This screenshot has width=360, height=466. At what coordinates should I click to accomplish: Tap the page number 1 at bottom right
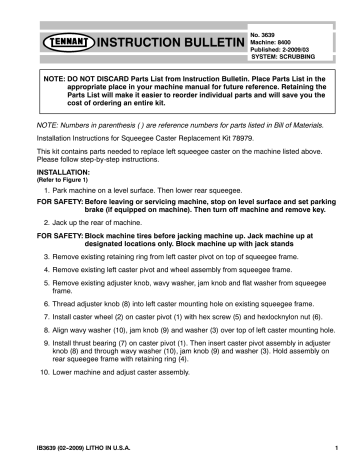pyautogui.click(x=339, y=446)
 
